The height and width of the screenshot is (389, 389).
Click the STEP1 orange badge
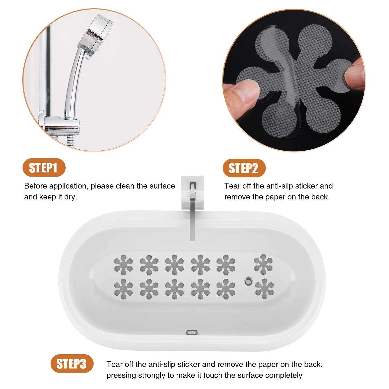point(44,168)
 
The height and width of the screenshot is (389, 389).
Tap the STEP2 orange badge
point(244,168)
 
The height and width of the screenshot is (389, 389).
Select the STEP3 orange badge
point(72,364)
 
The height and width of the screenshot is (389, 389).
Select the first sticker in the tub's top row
point(123,265)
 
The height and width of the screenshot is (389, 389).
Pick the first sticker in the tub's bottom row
point(123,288)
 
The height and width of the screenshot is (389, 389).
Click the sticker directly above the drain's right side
point(263,264)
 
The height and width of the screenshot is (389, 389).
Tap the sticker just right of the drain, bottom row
point(265,288)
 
